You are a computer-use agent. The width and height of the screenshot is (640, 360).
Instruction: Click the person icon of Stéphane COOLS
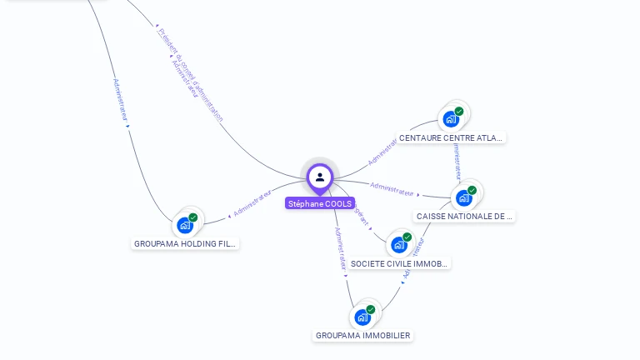[320, 177]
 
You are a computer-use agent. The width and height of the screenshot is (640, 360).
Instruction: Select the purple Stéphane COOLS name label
[320, 203]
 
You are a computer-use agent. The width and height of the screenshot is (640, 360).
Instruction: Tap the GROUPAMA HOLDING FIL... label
[186, 244]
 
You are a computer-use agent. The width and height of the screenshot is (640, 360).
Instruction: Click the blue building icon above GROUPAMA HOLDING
[185, 225]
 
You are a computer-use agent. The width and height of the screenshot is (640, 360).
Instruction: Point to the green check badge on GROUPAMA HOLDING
[193, 217]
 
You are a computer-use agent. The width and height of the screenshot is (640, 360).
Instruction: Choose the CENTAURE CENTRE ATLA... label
[451, 137]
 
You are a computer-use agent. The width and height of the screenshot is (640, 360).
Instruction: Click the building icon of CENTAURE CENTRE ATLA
[451, 118]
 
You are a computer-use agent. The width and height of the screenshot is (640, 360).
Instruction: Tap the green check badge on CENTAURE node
[459, 111]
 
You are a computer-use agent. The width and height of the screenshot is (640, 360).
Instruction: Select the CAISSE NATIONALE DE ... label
[464, 217]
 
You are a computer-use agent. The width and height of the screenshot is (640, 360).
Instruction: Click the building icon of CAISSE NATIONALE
[463, 197]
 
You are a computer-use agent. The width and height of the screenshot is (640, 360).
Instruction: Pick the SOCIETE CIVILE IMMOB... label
[399, 264]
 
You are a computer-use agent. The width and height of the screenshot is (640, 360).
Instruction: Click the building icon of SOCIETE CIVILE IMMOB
[399, 245]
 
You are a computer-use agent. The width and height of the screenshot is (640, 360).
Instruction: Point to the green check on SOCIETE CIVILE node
[407, 237]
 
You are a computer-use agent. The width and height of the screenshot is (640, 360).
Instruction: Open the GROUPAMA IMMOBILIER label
[362, 336]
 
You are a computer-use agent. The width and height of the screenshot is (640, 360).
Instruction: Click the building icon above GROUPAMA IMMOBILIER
[362, 317]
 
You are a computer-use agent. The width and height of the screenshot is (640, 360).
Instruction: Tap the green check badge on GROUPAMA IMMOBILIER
[371, 309]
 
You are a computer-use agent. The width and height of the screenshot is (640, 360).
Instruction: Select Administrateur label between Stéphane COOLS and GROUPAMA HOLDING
[252, 203]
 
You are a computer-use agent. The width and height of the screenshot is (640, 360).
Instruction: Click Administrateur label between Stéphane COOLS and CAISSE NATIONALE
[392, 189]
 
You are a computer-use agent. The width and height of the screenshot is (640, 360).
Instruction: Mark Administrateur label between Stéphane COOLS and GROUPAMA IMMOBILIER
[340, 247]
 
